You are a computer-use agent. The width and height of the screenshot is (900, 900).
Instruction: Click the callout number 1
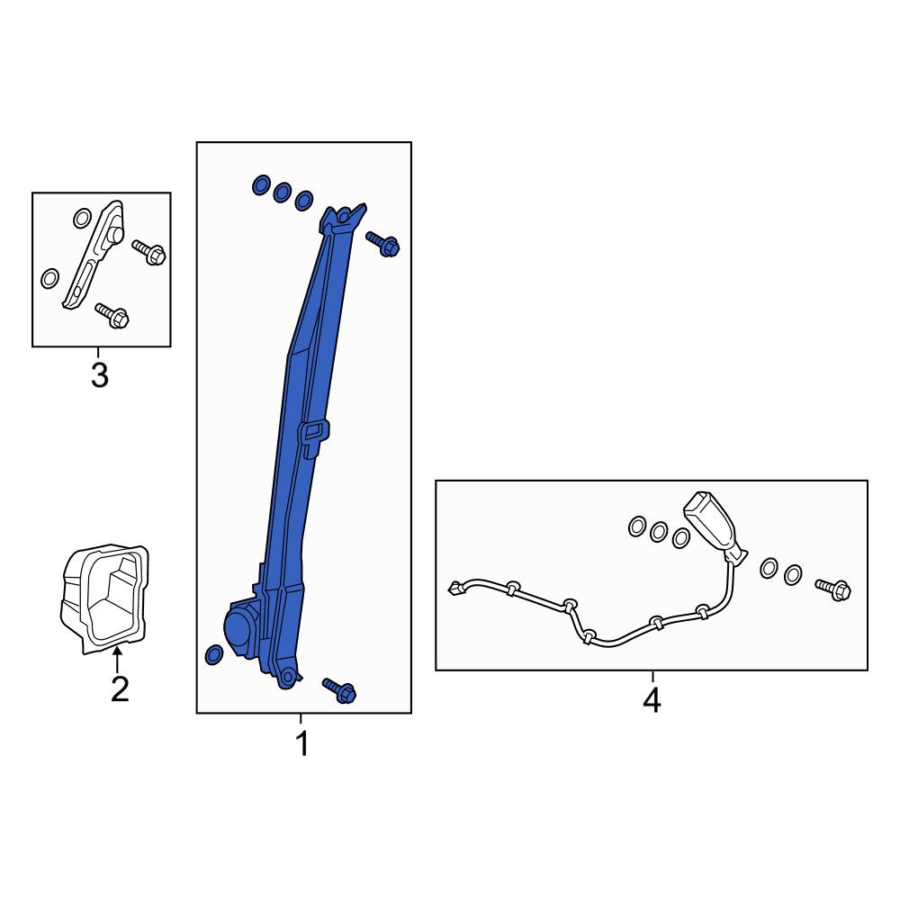tap(301, 743)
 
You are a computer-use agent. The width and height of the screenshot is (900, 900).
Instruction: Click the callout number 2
tap(120, 688)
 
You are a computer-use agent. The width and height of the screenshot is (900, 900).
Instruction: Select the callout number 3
tap(99, 375)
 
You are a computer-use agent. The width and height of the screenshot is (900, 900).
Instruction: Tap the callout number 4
tap(652, 699)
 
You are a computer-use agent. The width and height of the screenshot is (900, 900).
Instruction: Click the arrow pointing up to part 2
tap(117, 659)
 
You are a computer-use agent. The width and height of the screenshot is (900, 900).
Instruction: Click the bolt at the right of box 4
tap(833, 589)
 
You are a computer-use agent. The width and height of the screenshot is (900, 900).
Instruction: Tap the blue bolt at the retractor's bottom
tap(339, 690)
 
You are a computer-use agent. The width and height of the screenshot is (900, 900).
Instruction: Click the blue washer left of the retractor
tap(214, 654)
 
